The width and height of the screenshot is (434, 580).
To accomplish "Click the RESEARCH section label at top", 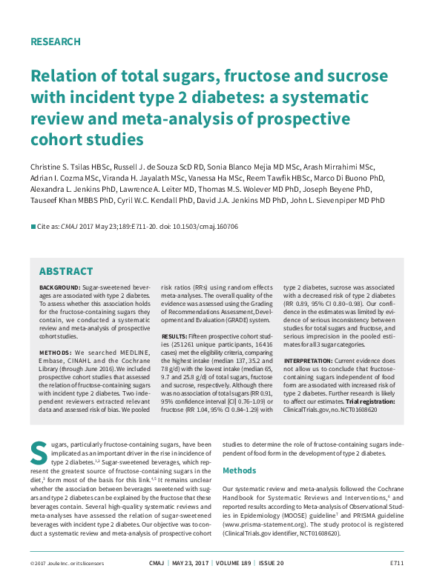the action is [x=55, y=41].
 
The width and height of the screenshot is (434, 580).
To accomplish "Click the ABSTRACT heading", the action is [x=65, y=271].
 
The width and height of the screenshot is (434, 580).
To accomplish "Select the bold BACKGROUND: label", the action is [x=59, y=287].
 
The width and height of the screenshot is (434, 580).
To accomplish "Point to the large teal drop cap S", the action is [x=39, y=451].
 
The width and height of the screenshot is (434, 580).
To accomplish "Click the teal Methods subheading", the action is [x=240, y=470].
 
